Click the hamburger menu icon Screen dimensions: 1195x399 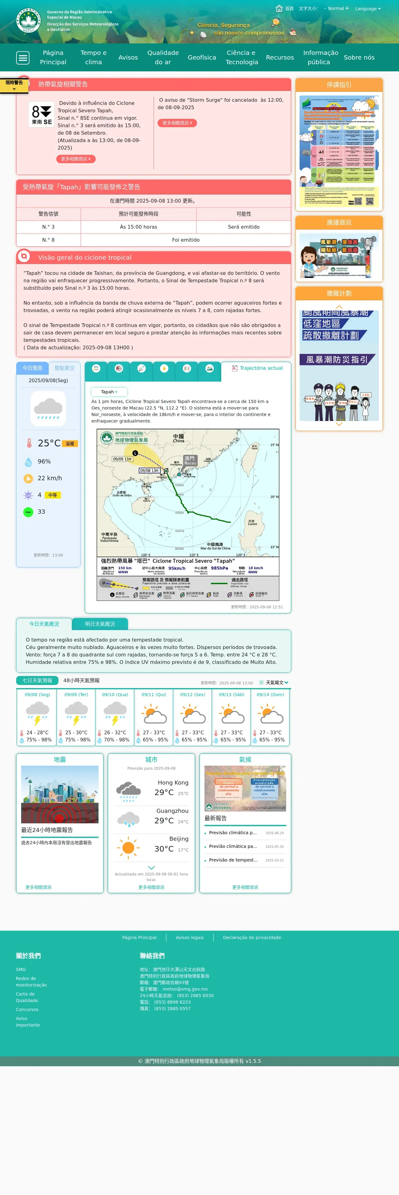pos(23,57)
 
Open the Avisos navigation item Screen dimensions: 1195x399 pos(128,57)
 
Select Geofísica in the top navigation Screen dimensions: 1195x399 pos(202,57)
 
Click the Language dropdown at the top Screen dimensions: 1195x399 pos(367,8)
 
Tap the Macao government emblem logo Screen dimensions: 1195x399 pos(28,20)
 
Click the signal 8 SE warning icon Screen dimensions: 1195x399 pos(41,114)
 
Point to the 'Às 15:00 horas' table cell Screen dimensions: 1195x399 pos(138,227)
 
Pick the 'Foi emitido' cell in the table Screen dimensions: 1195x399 pos(186,240)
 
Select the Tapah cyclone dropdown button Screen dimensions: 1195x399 pos(109,392)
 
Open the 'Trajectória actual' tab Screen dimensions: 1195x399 pos(257,368)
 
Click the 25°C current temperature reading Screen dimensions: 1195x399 pos(49,443)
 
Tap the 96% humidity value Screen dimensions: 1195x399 pos(44,462)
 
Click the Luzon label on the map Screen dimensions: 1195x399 pos(252,522)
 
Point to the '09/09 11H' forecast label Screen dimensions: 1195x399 pos(122,459)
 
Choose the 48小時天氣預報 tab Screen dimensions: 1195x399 pos(81,681)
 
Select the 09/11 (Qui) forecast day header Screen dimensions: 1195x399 pos(154,695)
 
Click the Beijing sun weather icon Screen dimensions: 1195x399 pos(128,848)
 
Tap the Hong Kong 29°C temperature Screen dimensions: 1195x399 pos(164,792)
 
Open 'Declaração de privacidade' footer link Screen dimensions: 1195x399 pos(252,938)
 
